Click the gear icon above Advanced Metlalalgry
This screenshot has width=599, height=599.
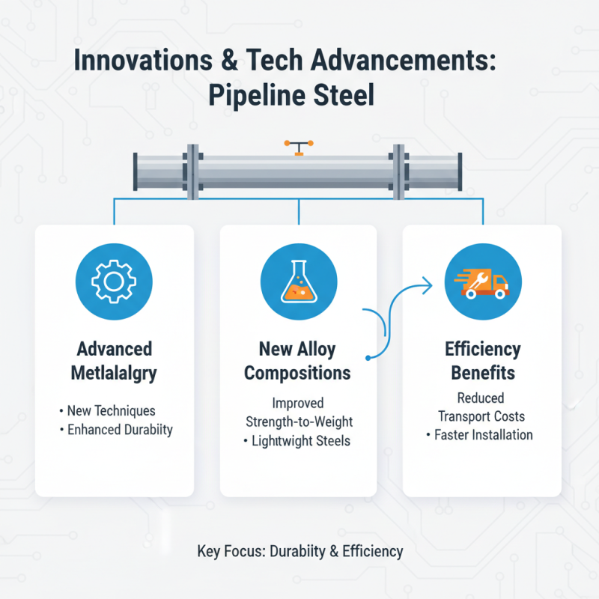pos(115,282)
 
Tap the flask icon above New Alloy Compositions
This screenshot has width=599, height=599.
pos(299,282)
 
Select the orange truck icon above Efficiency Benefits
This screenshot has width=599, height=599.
pos(481,282)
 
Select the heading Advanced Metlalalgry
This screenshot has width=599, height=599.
pos(115,360)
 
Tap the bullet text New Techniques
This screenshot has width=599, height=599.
pos(111,410)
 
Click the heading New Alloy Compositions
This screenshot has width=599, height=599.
pos(299,360)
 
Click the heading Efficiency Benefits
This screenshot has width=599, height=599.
pos(481,360)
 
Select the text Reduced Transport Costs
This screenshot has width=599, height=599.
pos(481,407)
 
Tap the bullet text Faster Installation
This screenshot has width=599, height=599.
pos(483,435)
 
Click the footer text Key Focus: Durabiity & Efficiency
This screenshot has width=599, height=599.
pos(300,552)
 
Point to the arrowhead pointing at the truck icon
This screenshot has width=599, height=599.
pos(429,283)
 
